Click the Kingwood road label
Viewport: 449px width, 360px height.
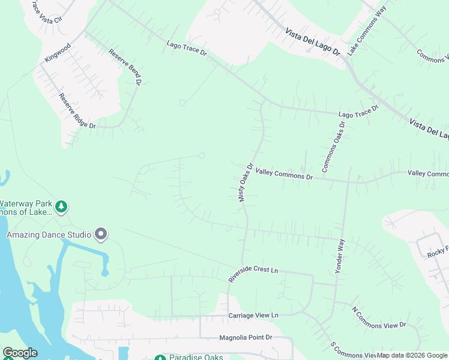(x=58, y=52)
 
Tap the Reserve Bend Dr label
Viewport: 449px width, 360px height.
(x=125, y=65)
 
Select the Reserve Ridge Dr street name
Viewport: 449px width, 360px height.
(x=77, y=111)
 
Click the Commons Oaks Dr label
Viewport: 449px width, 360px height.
(x=334, y=148)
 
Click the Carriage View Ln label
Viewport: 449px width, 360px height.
(x=253, y=315)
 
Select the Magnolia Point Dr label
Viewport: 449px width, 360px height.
(x=246, y=338)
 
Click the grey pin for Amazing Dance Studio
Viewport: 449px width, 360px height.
(x=101, y=235)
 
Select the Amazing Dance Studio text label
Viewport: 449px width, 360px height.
(x=49, y=235)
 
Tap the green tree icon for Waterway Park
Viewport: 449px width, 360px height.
(x=61, y=207)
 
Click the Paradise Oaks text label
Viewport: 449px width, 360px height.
(x=196, y=357)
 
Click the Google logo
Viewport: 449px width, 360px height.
(x=19, y=353)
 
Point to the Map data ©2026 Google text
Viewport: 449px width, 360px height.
(x=412, y=355)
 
